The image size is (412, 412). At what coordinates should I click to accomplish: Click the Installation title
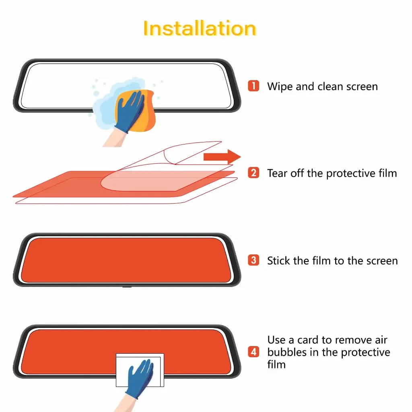tap(200, 29)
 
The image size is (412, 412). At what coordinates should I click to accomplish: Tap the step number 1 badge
tap(253, 86)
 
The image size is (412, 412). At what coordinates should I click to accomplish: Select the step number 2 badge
tap(253, 173)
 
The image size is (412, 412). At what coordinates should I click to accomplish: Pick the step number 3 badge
tap(253, 260)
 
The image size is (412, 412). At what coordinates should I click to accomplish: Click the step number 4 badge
tap(253, 352)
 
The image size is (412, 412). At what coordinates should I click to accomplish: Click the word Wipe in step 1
tap(280, 86)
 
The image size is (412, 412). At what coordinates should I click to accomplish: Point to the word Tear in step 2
tap(277, 173)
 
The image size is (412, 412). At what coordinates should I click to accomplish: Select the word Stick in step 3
tap(279, 260)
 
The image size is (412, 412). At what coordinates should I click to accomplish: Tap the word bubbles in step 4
tap(286, 352)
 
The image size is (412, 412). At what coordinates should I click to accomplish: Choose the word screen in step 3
tap(381, 260)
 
